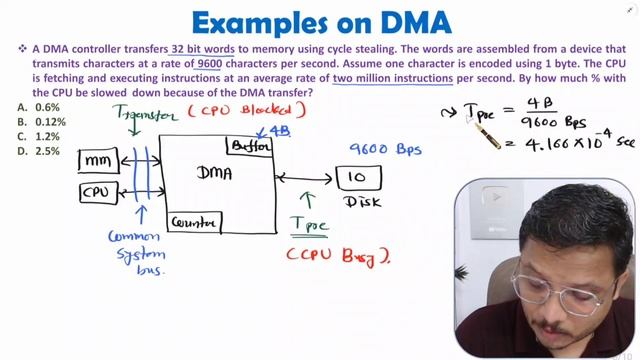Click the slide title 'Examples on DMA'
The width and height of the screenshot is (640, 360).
tap(319, 21)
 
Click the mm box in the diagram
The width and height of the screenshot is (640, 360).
tap(99, 159)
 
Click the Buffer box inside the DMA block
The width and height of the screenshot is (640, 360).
tap(251, 147)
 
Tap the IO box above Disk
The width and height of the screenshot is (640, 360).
tap(357, 178)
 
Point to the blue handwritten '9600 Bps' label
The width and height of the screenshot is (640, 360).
tap(385, 150)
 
